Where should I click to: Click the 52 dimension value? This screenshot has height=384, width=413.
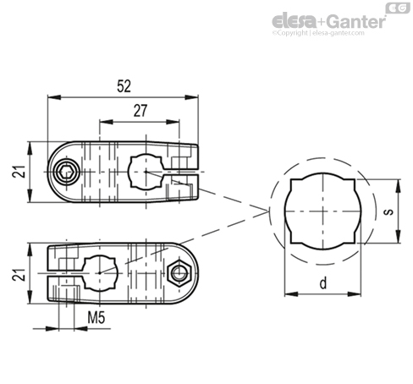[x=124, y=86]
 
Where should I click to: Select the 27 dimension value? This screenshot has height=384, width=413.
[x=140, y=111]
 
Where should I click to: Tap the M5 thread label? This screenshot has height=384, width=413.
[x=96, y=318]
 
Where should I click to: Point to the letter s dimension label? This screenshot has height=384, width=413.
[x=388, y=211]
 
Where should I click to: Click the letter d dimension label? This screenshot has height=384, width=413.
[x=323, y=283]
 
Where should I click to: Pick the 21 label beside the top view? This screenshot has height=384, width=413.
[x=19, y=171]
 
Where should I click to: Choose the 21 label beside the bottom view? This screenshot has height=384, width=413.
[x=19, y=274]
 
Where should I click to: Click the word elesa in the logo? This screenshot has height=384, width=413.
[x=294, y=21]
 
